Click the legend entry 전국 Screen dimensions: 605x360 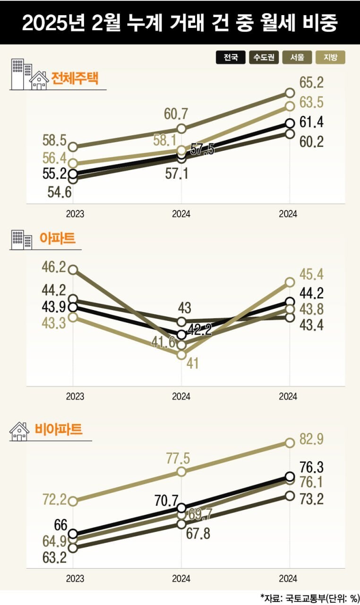click(231, 58)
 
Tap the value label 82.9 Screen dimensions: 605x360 click(311, 440)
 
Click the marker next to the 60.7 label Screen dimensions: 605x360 click(182, 129)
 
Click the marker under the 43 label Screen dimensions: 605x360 click(182, 322)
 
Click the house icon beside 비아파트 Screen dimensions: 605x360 click(19, 432)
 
